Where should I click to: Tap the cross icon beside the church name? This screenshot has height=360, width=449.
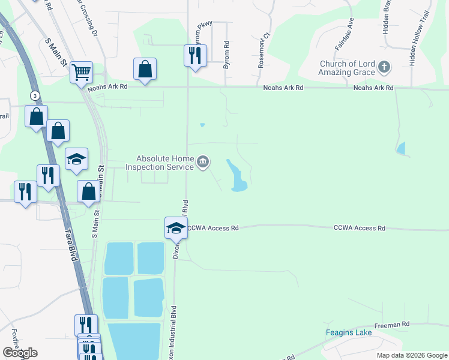(x=385, y=68)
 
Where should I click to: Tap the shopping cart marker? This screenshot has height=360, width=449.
(x=81, y=73)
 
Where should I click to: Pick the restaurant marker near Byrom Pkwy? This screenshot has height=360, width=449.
(x=195, y=56)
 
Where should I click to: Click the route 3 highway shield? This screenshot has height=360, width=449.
(x=35, y=96)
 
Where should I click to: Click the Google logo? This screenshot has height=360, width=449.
(x=20, y=353)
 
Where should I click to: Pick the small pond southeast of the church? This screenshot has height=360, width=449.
(x=401, y=148)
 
